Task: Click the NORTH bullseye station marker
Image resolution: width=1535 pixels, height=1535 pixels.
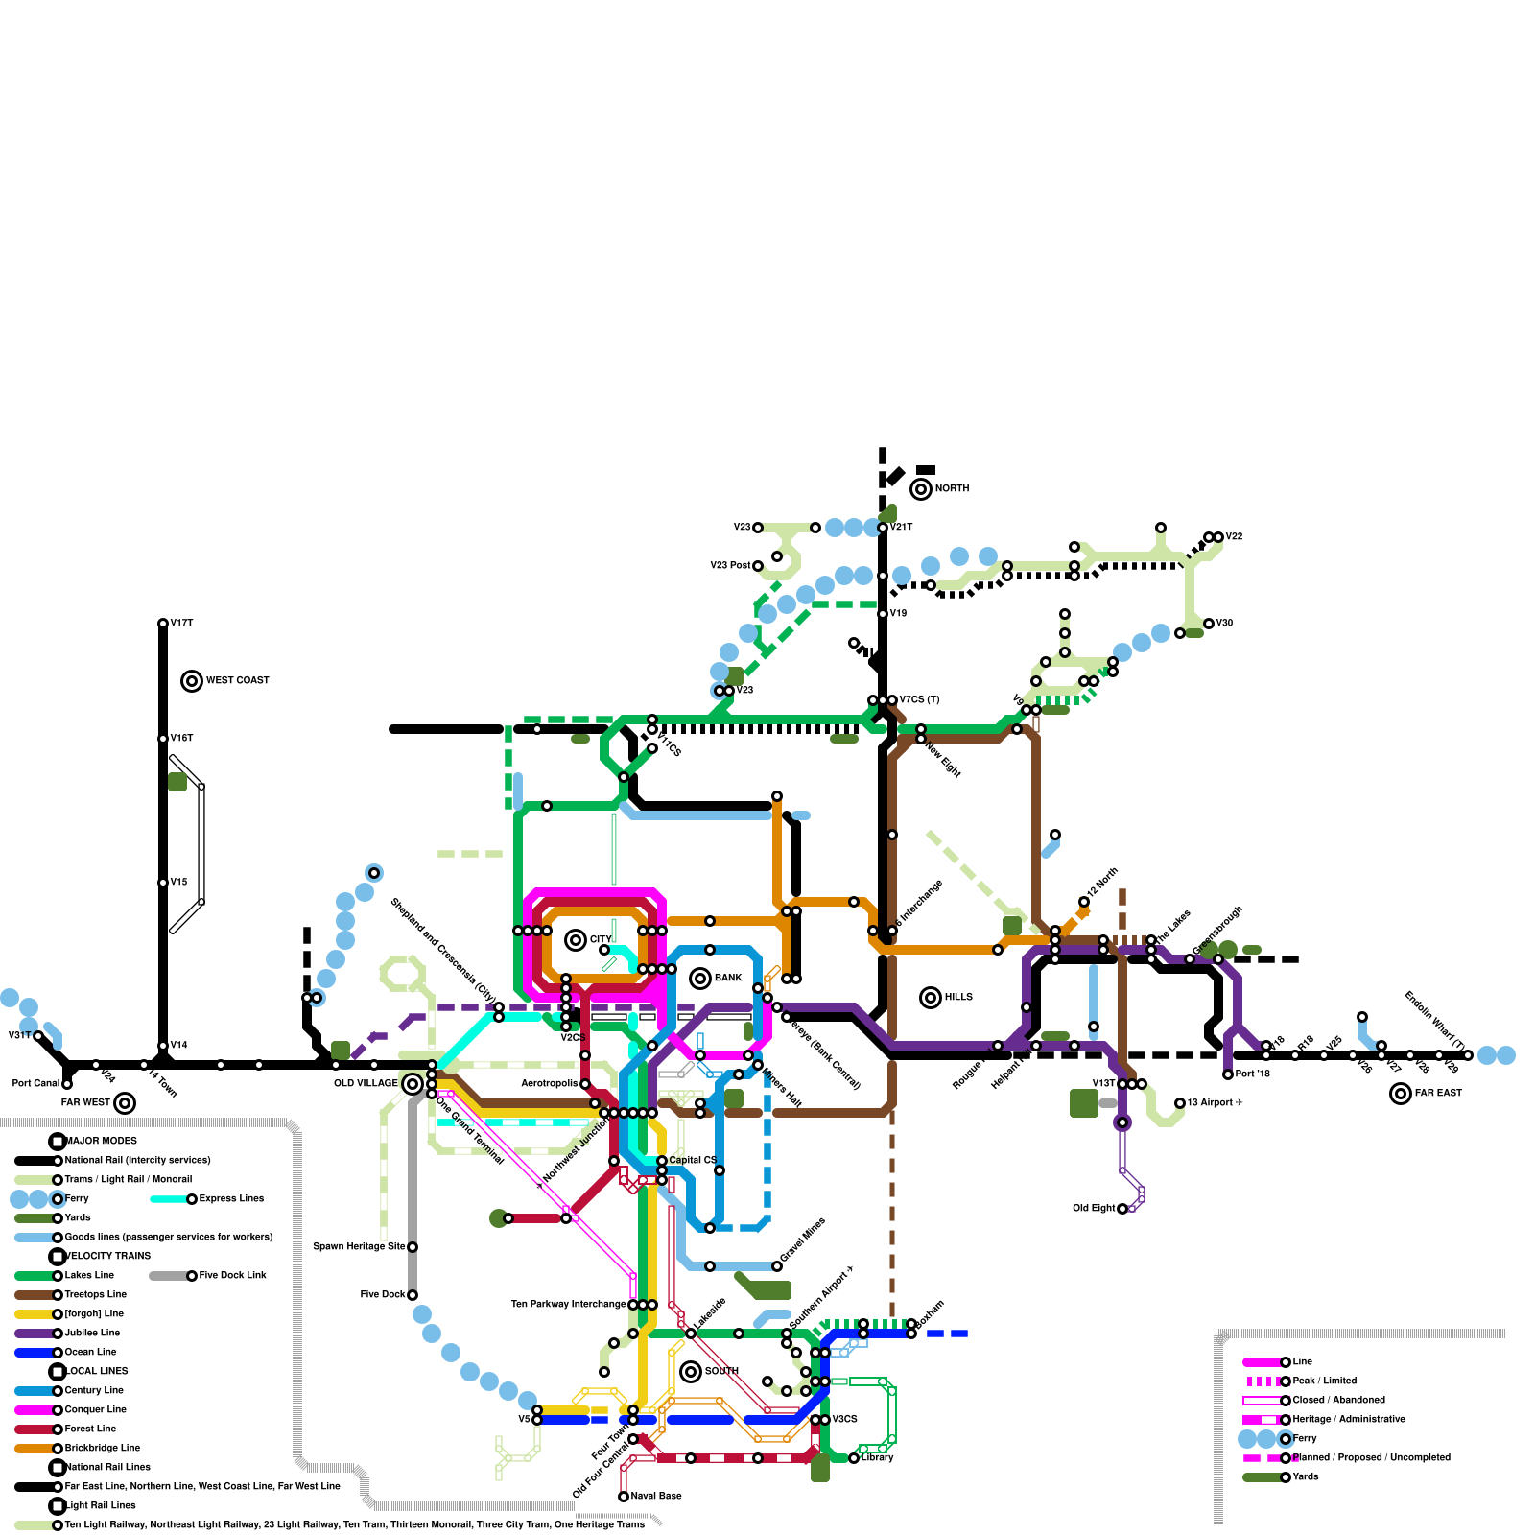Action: click(x=921, y=489)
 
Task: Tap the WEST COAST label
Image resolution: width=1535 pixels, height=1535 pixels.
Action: click(x=237, y=680)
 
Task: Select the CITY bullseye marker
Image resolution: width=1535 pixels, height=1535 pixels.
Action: click(x=576, y=940)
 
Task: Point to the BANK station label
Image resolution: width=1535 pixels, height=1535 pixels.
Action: click(x=728, y=978)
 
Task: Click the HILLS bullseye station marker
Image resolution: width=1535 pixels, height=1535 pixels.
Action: click(x=931, y=998)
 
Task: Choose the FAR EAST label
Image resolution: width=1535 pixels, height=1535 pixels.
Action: click(x=1438, y=1093)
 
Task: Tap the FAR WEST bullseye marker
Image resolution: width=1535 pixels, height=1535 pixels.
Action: click(x=125, y=1103)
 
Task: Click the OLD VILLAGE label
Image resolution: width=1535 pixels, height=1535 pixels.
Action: click(x=366, y=1083)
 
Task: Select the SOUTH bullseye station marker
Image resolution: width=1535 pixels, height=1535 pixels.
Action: click(x=691, y=1372)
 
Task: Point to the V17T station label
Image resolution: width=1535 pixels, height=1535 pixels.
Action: click(x=181, y=623)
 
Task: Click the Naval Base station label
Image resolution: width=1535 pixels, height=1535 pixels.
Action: click(x=656, y=1496)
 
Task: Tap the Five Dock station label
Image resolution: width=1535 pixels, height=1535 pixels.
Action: click(x=383, y=1294)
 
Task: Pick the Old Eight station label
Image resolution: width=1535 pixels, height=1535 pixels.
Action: click(x=1094, y=1208)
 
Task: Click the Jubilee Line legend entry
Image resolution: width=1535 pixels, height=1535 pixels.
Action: click(x=92, y=1333)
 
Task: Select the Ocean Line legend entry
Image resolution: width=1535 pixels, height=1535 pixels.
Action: click(x=90, y=1352)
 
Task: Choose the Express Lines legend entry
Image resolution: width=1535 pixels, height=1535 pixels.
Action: click(x=231, y=1198)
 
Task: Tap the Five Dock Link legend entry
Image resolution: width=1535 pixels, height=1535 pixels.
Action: click(x=232, y=1275)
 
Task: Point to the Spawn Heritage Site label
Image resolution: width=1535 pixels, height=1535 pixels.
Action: click(x=359, y=1246)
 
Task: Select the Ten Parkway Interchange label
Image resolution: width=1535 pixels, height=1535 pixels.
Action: click(x=568, y=1304)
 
